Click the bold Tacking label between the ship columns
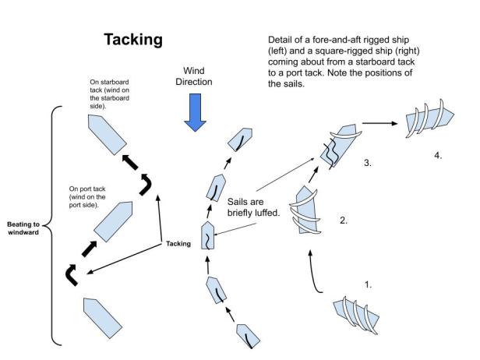click(x=178, y=243)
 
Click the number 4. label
click(x=438, y=155)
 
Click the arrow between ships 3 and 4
click(x=377, y=122)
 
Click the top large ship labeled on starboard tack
click(x=104, y=135)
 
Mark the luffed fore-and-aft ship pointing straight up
click(x=208, y=235)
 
